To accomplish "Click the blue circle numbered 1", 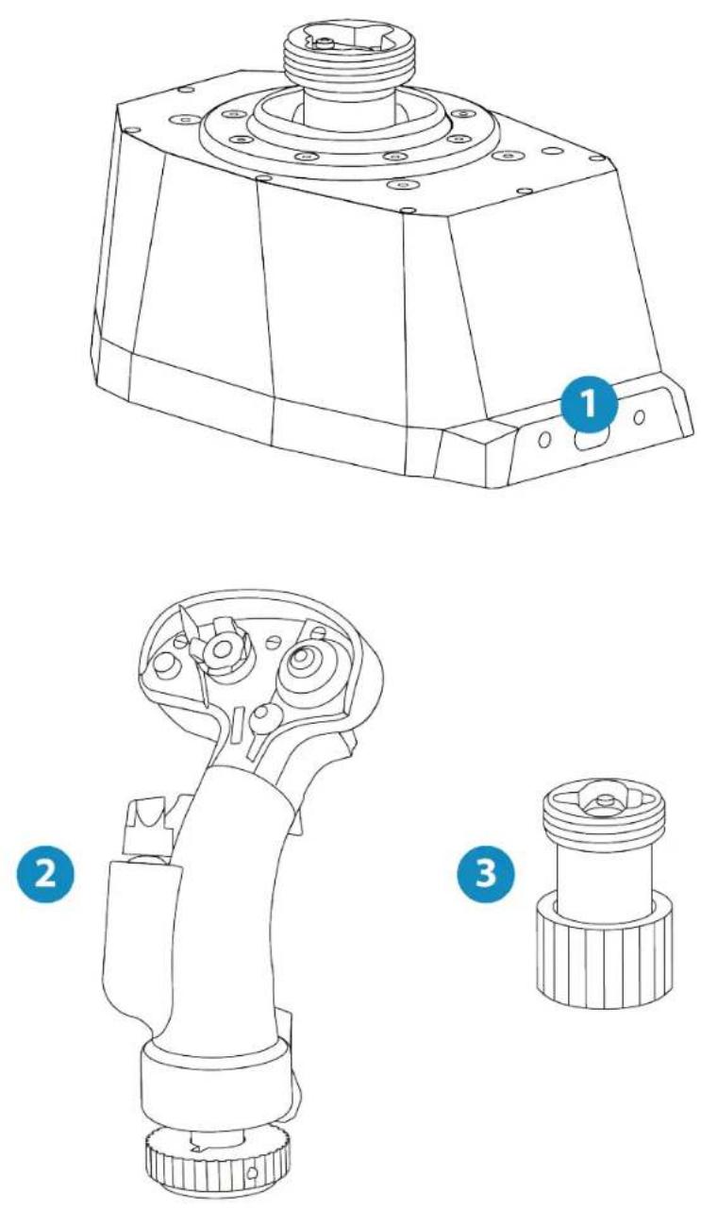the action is [x=589, y=404].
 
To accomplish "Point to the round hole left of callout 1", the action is [x=544, y=440].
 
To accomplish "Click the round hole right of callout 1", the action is [x=639, y=417].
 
